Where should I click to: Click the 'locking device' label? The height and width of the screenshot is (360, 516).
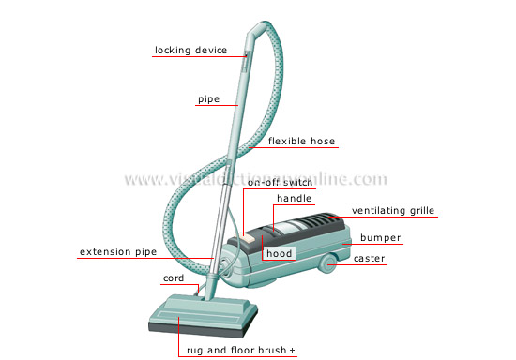click(x=190, y=51)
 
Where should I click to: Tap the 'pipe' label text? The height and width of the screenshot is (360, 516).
click(x=208, y=98)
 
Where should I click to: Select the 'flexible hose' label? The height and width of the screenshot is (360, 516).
click(x=301, y=142)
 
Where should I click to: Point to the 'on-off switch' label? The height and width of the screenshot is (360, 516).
click(x=280, y=183)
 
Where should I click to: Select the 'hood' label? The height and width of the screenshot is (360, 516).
click(x=279, y=253)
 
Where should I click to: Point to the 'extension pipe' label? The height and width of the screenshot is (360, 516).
click(x=117, y=251)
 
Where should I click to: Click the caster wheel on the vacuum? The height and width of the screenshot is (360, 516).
click(x=329, y=264)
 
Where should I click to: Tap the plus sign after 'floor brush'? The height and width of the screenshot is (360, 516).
click(x=293, y=350)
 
